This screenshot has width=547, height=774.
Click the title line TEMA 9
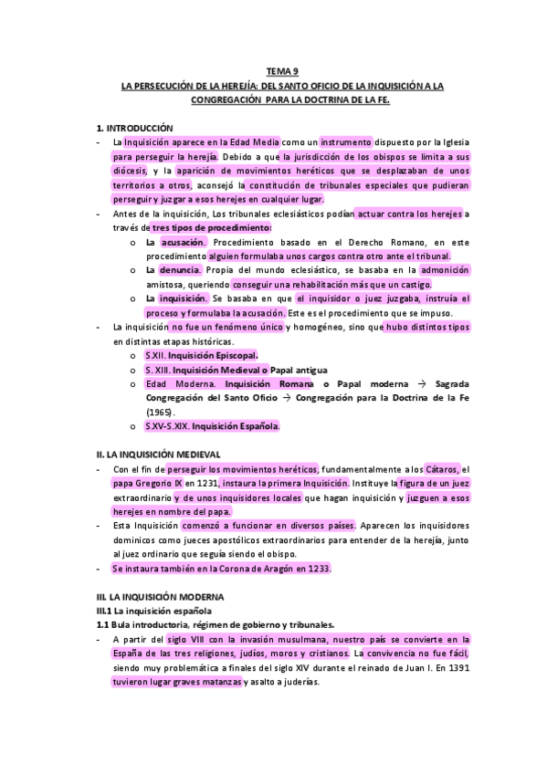(282, 71)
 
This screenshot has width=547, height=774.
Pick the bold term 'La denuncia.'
(173, 270)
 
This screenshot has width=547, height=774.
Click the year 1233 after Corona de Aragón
(316, 568)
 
